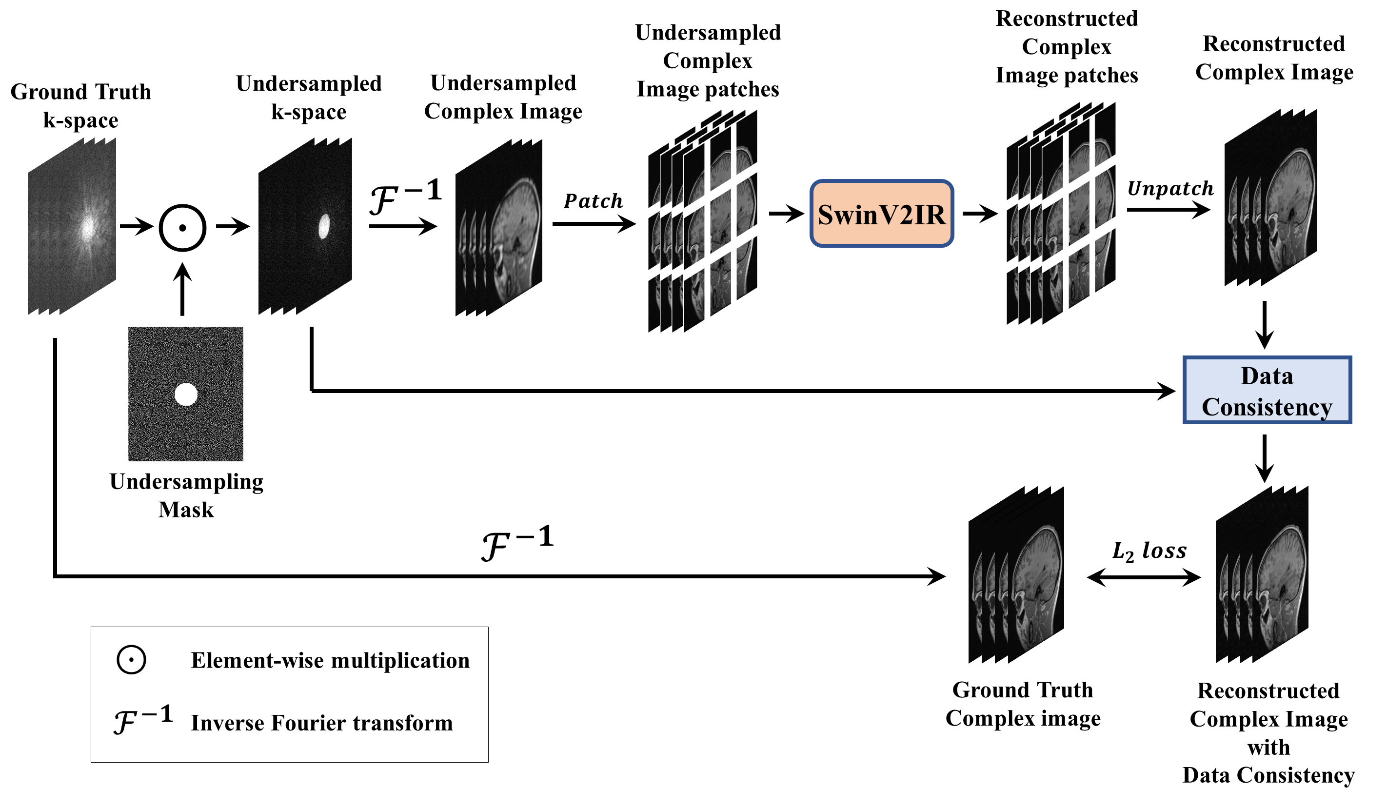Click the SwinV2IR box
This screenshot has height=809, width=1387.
pos(882,214)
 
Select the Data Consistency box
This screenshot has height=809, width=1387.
pos(1267,390)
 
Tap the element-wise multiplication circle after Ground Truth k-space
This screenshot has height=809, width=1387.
pos(183,228)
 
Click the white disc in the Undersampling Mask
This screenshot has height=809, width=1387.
pos(186,395)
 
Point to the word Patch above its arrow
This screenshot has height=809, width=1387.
pos(594,201)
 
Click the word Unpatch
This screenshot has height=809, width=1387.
pos(1170,189)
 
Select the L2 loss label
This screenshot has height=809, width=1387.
pos(1149,551)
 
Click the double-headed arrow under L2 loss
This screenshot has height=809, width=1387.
pos(1144,577)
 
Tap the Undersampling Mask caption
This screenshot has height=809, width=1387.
pos(186,495)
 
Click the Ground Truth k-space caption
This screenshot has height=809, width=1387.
pos(81,106)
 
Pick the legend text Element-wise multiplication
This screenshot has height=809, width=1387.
pos(330,660)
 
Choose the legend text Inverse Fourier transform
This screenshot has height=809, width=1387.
pos(322,723)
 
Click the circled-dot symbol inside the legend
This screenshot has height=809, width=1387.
pos(131,659)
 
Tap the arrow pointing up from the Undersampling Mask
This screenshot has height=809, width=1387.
pos(183,289)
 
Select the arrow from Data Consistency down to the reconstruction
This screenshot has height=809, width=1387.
pos(1264,458)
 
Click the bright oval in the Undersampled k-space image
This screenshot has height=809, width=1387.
pos(325,226)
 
